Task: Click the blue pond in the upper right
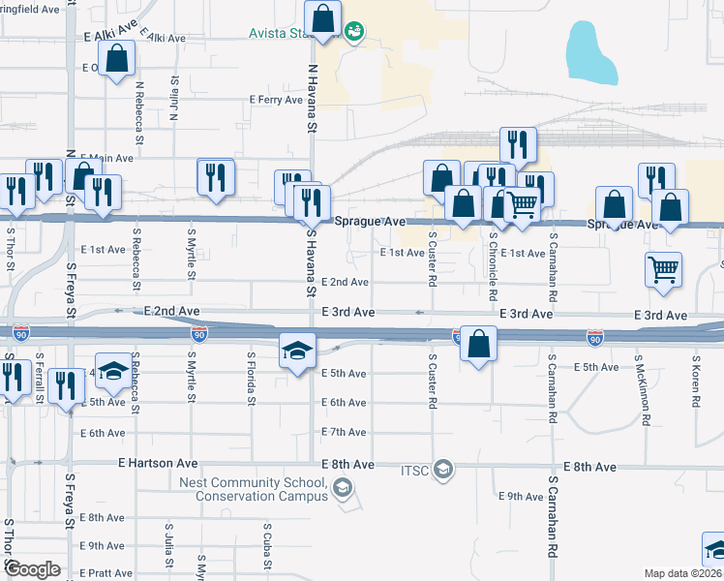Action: click(x=590, y=53)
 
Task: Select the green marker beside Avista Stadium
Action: click(x=354, y=32)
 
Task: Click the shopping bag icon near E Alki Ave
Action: click(x=116, y=59)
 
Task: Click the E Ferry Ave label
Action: click(x=276, y=100)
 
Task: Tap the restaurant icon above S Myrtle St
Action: click(x=215, y=176)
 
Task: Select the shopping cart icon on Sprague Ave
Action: click(x=523, y=204)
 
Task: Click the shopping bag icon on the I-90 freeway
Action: click(x=478, y=343)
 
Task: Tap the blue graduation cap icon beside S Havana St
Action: click(x=297, y=350)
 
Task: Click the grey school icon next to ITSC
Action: click(x=442, y=471)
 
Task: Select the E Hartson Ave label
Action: click(x=156, y=465)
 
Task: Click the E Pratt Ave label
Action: click(x=106, y=573)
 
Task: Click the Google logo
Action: click(x=33, y=569)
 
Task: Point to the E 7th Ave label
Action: click(x=345, y=431)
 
